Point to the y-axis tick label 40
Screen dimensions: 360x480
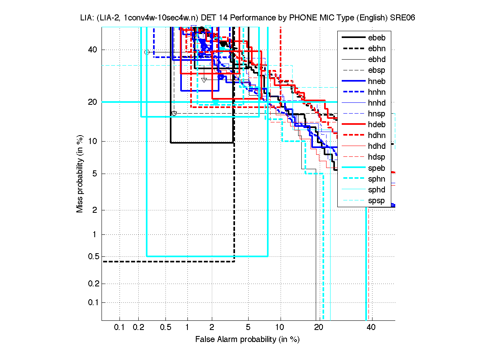click(x=93, y=50)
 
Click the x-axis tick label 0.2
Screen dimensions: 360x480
click(x=138, y=328)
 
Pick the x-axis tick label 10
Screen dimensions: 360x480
click(x=281, y=328)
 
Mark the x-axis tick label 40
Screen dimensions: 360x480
click(x=370, y=328)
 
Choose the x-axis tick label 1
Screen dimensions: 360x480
click(x=187, y=328)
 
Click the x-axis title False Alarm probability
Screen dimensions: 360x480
click(x=247, y=340)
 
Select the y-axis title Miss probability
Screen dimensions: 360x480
click(x=80, y=174)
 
